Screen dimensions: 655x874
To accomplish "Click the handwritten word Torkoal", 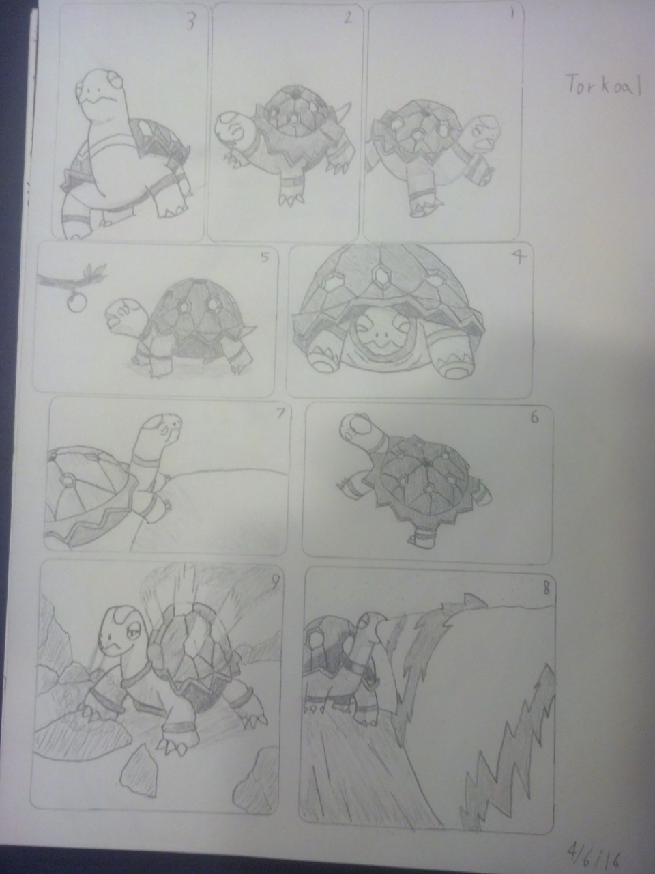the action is tap(603, 87).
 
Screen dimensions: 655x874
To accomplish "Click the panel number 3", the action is tap(191, 23).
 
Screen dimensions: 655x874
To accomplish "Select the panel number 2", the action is tap(347, 18).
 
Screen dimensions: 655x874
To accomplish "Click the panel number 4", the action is tap(519, 258).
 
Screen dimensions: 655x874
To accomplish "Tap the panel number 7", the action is tap(280, 414).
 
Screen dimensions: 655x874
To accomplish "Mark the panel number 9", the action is tap(274, 584).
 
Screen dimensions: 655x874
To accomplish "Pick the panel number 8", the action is tap(546, 589).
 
